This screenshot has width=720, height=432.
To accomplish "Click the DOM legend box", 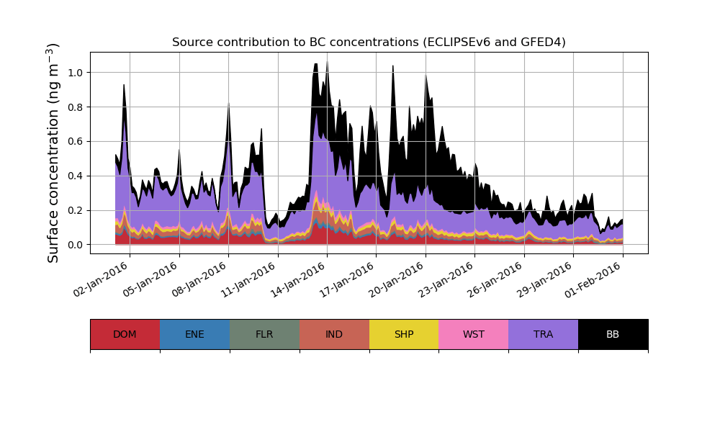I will [x=125, y=334].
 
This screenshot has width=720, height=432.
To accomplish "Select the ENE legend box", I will [x=194, y=334].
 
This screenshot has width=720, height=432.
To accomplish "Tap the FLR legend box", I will [x=264, y=334].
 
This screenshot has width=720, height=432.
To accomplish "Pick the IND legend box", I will [x=334, y=334].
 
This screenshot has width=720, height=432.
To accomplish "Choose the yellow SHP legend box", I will [x=404, y=334].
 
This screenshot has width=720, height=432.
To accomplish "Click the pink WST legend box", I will [x=474, y=334].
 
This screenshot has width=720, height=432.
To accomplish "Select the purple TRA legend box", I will [x=544, y=334].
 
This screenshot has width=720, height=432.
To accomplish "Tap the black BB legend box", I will [x=613, y=334].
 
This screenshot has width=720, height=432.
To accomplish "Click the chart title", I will [x=369, y=42].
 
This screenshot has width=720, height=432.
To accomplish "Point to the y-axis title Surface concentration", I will [x=53, y=153].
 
